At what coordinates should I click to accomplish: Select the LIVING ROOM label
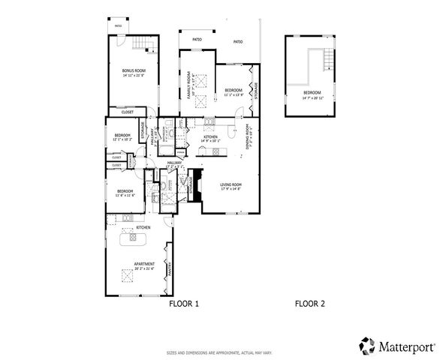(231, 186)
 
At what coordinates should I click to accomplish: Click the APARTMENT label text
(144, 265)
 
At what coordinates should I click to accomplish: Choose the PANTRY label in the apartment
(171, 274)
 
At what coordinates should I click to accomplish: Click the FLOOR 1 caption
(182, 304)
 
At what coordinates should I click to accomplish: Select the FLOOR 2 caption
(309, 304)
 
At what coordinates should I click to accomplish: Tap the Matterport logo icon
(366, 345)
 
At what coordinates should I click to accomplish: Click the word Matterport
(405, 346)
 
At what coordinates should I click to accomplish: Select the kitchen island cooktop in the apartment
(136, 239)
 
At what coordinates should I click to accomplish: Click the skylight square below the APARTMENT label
(127, 277)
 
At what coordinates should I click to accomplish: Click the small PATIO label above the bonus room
(118, 25)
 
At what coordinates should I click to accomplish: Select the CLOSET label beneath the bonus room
(128, 112)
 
